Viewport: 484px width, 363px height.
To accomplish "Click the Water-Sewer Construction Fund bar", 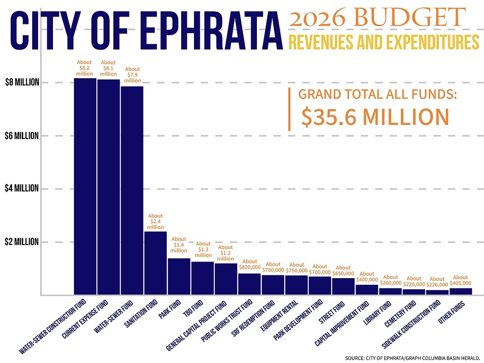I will pos(85,186).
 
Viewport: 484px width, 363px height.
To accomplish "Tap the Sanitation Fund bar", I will pos(156,263).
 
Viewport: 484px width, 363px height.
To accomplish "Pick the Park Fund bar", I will pos(179,276).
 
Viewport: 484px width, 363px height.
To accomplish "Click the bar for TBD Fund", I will pos(202,278).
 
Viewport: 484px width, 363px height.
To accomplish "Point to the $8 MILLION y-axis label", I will pos(22,82).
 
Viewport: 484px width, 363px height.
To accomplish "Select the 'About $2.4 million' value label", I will pos(156,221).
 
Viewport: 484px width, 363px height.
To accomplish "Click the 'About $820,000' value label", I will pos(249,264).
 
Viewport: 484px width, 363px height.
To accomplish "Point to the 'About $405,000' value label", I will pos(460,281).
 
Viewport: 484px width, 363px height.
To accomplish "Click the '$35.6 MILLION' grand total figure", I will pos(375,117).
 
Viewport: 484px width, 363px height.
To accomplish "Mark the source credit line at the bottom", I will pos(412,357).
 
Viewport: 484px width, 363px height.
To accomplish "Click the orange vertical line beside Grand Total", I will pos(289,109).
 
